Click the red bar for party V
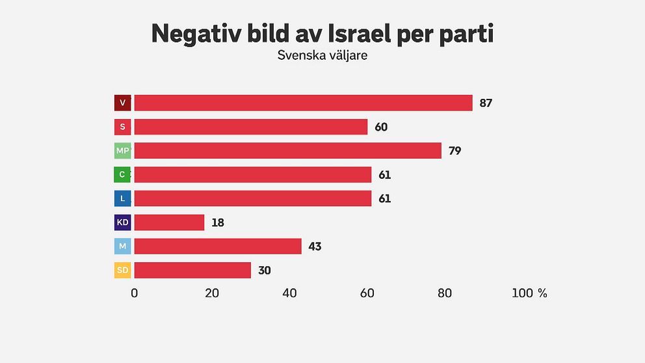pyautogui.click(x=303, y=103)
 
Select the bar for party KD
pyautogui.click(x=169, y=222)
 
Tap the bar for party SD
pyautogui.click(x=192, y=270)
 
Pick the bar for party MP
pyautogui.click(x=287, y=151)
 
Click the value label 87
pyautogui.click(x=486, y=103)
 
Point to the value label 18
pyautogui.click(x=218, y=222)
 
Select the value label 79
pyautogui.click(x=454, y=151)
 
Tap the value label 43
pyautogui.click(x=315, y=247)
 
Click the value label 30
pyautogui.click(x=264, y=270)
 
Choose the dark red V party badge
pyautogui.click(x=122, y=103)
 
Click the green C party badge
pyautogui.click(x=122, y=174)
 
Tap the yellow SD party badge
pyautogui.click(x=122, y=270)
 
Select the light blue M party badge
pyautogui.click(x=122, y=247)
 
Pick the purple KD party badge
pyautogui.click(x=122, y=222)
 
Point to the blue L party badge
pyautogui.click(x=122, y=198)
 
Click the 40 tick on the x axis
pyautogui.click(x=289, y=293)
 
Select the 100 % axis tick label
pyautogui.click(x=529, y=293)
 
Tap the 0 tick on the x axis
pyautogui.click(x=135, y=293)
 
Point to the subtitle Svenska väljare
pyautogui.click(x=322, y=55)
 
